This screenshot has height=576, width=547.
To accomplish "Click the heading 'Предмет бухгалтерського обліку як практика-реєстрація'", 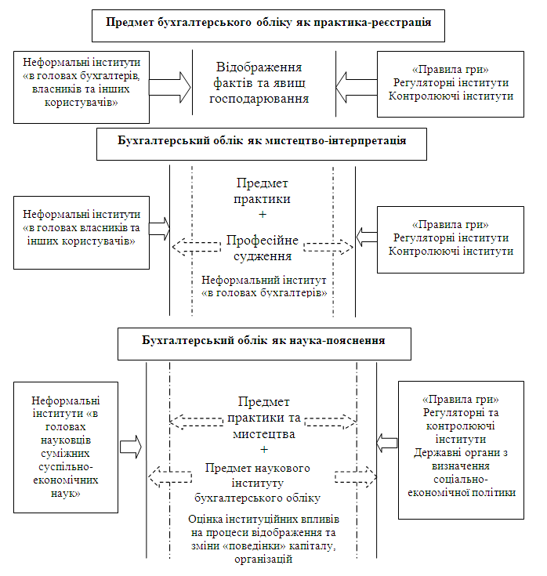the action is tap(268, 23).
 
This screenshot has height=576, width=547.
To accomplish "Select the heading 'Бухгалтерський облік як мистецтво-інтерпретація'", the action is tap(262, 141).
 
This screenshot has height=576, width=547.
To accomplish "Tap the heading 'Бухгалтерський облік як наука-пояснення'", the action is tap(263, 341).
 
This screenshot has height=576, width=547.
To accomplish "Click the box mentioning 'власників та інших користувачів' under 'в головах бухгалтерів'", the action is tap(82, 88).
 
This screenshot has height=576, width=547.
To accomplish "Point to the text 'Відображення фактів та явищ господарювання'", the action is tap(259, 83).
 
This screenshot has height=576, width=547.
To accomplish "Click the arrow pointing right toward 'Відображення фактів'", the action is tap(170, 88).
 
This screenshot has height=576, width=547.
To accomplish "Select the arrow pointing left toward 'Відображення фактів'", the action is tap(357, 87).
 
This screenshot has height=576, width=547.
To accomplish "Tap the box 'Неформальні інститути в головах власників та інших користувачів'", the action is tap(82, 233).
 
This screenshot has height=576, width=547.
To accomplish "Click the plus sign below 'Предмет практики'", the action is tap(263, 215).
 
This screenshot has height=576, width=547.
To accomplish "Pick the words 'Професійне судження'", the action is tap(263, 248).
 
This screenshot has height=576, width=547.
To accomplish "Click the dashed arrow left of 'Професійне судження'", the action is tap(197, 247).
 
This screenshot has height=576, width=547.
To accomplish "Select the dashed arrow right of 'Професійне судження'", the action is tap(328, 247).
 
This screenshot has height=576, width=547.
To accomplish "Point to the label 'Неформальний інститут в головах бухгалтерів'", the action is tap(264, 287).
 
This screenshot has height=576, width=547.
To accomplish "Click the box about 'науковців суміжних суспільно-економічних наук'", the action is tap(66, 447).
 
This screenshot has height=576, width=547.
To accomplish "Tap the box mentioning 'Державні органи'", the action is tap(461, 450).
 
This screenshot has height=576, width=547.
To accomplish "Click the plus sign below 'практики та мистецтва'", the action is tap(264, 450).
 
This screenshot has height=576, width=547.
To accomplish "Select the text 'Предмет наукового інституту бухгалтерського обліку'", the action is tap(257, 483).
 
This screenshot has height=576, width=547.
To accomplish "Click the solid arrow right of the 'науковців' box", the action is tap(131, 447).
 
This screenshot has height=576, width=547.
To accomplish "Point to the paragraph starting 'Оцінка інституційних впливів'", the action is tap(263, 539).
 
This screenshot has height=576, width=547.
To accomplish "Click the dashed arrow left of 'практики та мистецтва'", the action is tap(197, 422).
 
